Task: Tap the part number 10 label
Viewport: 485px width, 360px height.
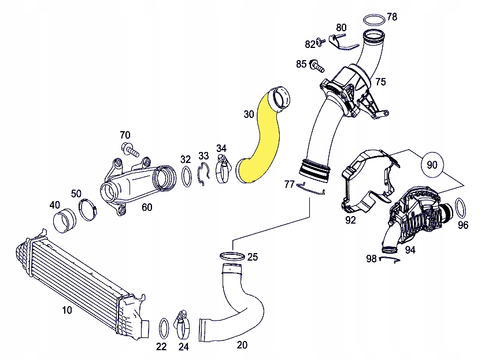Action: [67, 310]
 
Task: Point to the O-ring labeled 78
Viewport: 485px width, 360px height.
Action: [375, 20]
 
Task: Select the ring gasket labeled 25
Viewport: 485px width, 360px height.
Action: [232, 255]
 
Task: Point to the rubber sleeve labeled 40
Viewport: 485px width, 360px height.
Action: [64, 221]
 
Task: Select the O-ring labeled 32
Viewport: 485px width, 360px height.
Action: [187, 176]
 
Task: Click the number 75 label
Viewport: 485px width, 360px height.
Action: [380, 81]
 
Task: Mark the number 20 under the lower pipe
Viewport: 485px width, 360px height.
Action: [242, 345]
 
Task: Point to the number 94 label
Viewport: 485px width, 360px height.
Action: [410, 250]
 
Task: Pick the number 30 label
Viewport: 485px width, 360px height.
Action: [249, 114]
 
